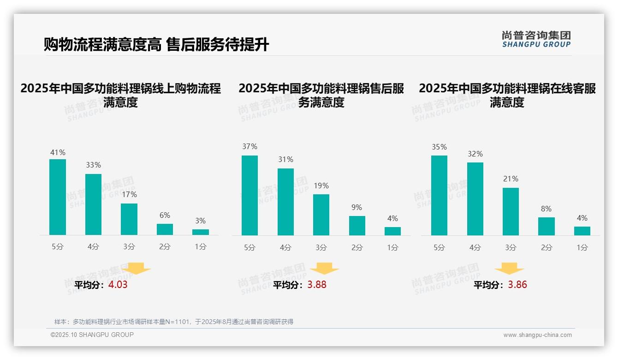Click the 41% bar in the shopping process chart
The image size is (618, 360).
[x=58, y=197]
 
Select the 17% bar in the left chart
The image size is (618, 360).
[x=129, y=219]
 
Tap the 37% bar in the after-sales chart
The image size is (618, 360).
[x=250, y=195]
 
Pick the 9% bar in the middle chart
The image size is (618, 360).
[x=357, y=226]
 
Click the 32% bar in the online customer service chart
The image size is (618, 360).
[x=475, y=199]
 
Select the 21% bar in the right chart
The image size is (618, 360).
[x=511, y=211]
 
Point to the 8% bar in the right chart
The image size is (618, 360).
[x=546, y=226]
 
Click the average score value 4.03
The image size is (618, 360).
[x=118, y=285]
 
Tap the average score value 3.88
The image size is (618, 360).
[x=317, y=285]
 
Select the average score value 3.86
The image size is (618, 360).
[x=517, y=285]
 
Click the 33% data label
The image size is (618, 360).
[x=93, y=165]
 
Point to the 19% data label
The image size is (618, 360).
[x=321, y=186]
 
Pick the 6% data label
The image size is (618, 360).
[x=165, y=215]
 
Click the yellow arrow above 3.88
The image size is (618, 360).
[x=325, y=269]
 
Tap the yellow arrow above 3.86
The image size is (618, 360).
[x=510, y=269]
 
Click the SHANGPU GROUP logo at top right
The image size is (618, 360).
[x=536, y=39]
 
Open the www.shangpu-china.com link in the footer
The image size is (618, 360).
[x=537, y=335]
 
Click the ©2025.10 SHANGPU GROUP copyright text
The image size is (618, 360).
[x=92, y=335]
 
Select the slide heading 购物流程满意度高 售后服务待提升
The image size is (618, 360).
[x=156, y=45]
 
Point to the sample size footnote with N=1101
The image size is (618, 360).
[x=174, y=322]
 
